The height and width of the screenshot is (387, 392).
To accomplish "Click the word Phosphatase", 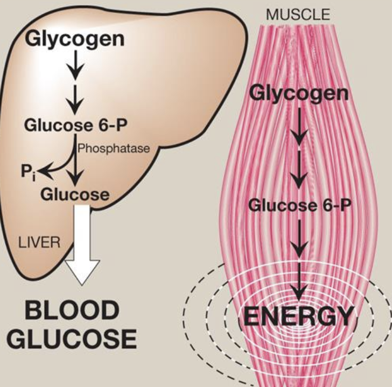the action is tap(114, 148).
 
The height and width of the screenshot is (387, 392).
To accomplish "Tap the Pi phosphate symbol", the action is tap(28, 173).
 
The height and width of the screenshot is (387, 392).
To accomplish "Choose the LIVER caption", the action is tap(39, 243).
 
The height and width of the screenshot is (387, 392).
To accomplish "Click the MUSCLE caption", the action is tap(298, 15).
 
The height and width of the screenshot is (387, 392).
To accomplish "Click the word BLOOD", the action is tap(72, 310).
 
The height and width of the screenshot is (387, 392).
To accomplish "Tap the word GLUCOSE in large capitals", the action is tap(72, 339).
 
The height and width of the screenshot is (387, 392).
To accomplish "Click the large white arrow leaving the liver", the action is tap(82, 245).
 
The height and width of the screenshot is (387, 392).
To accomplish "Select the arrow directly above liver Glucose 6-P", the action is tap(75, 100).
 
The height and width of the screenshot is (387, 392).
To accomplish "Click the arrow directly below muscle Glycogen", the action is tap(299, 126).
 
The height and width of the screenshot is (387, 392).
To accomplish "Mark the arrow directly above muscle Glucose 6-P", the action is tap(299, 170).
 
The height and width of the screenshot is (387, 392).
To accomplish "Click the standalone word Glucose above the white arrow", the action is tap(75, 195).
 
